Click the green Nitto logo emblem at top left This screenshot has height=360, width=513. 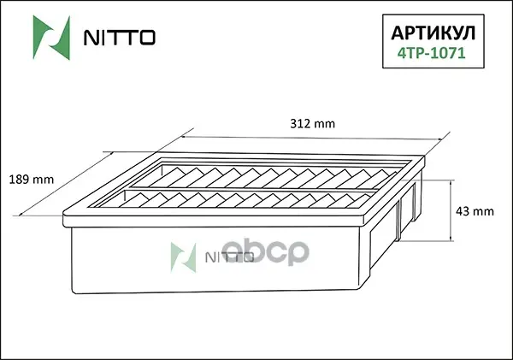point(51,38)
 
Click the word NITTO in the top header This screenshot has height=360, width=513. point(120,38)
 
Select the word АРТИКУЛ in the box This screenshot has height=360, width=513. point(433,33)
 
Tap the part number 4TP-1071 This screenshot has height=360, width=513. point(431,53)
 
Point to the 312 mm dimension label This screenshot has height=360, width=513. point(312,124)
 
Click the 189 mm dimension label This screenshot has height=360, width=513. point(31,180)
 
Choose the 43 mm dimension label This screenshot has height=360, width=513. point(475,211)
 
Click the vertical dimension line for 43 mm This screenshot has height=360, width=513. point(451,210)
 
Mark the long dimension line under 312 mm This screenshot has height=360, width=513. point(311,139)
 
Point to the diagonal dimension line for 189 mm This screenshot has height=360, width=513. point(67,183)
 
